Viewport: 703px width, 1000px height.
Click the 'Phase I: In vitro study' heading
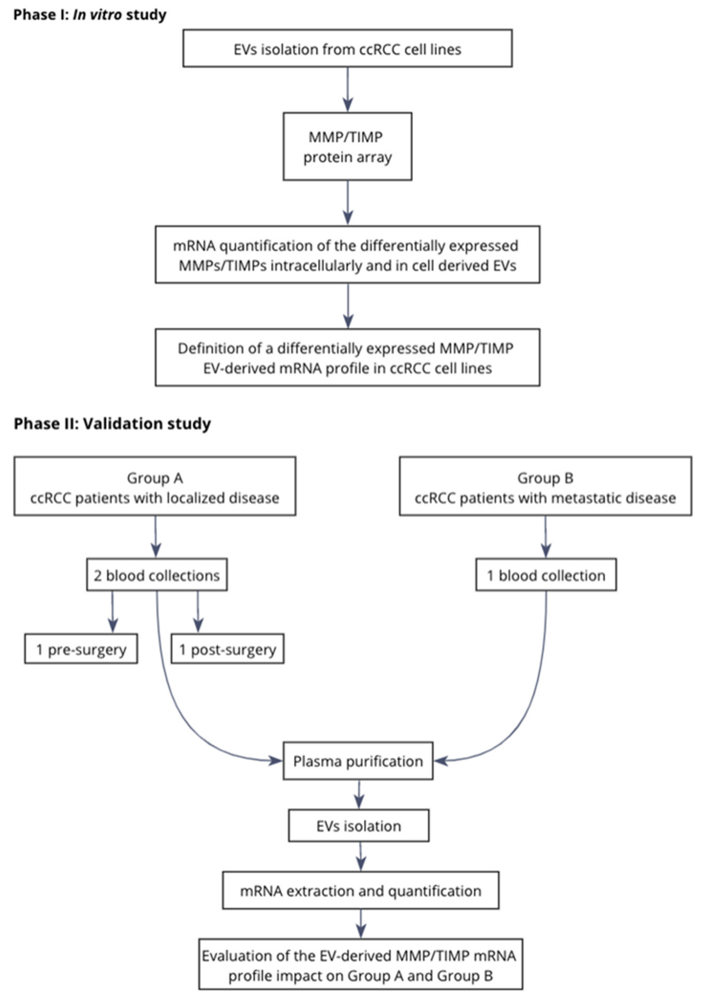(x=90, y=15)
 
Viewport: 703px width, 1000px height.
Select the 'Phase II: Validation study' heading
(x=112, y=423)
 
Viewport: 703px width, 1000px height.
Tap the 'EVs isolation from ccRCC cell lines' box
(x=347, y=48)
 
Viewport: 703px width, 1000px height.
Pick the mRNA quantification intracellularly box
(x=347, y=255)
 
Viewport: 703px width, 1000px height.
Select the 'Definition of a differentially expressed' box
(x=347, y=358)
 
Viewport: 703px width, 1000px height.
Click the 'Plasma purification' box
(x=358, y=761)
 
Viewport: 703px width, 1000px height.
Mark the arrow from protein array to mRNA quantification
(x=347, y=202)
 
